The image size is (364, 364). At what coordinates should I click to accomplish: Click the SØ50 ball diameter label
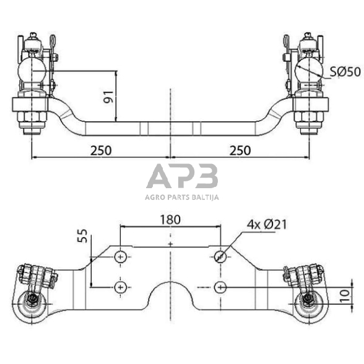(345, 72)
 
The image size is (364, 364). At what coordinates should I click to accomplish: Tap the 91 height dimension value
(108, 97)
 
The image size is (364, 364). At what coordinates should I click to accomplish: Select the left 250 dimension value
(101, 150)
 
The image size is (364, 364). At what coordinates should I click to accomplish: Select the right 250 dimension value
(240, 150)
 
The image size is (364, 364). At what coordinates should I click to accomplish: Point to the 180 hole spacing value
(170, 220)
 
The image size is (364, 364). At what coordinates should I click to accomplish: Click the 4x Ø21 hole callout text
(267, 225)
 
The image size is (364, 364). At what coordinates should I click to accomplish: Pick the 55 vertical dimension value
(82, 236)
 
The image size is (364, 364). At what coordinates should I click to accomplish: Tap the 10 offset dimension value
(345, 296)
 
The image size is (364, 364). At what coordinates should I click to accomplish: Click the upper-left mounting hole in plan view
(120, 257)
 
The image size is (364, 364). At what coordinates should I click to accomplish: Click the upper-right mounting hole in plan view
(220, 257)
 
